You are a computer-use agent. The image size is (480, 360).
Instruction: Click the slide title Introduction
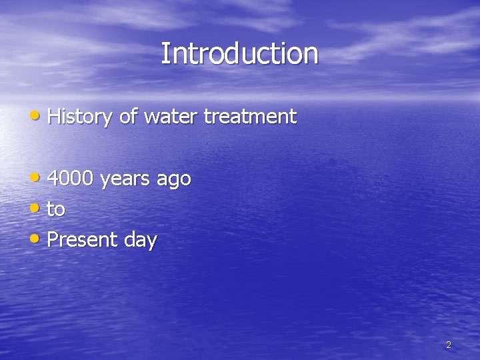pyautogui.click(x=239, y=54)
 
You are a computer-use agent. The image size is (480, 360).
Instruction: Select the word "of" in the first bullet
pyautogui.click(x=129, y=117)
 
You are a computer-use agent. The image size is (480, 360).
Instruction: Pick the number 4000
pyautogui.click(x=71, y=179)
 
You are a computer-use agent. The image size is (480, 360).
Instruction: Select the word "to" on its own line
pyautogui.click(x=56, y=209)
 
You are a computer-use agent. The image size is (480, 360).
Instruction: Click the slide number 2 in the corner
pyautogui.click(x=448, y=345)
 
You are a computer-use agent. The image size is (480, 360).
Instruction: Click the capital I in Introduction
pyautogui.click(x=165, y=53)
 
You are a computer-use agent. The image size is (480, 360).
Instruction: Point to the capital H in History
pyautogui.click(x=54, y=117)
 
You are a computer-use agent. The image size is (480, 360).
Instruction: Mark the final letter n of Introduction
pyautogui.click(x=311, y=56)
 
